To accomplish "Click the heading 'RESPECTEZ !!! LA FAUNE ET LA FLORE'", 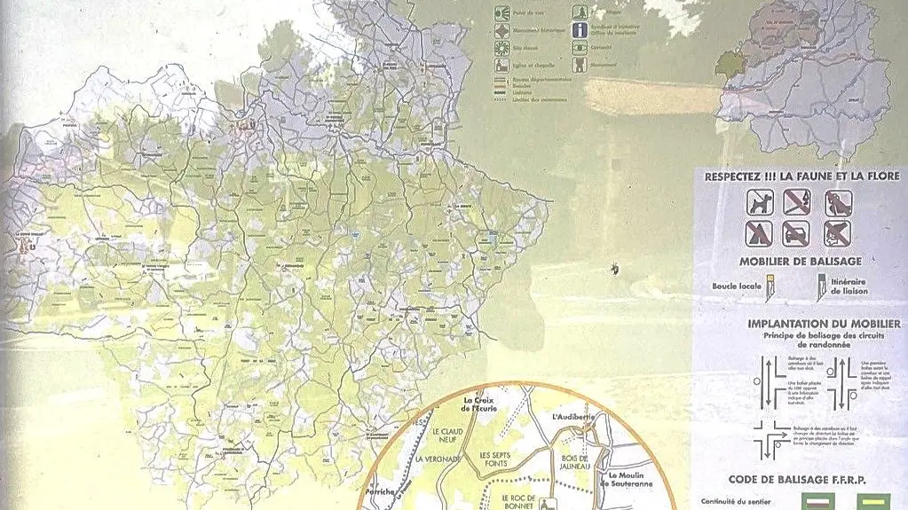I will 801,177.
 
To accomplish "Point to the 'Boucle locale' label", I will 737,286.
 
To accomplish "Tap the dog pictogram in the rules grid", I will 761,203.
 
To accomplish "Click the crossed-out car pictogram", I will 795,233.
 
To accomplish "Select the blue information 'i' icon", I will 580,29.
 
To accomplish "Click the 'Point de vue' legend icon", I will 502,13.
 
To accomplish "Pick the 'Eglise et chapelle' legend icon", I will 502,65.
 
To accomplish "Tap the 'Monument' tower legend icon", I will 580,65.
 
